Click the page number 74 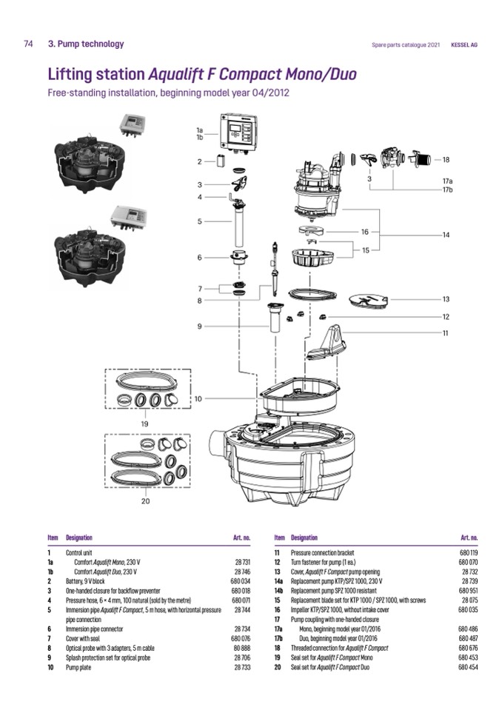click(28, 44)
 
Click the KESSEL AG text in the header click(464, 44)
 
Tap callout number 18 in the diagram click(446, 159)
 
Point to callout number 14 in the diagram click(446, 235)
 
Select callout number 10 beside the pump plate click(198, 399)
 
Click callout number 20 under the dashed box click(145, 500)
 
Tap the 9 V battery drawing click(220, 161)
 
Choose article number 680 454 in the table click(468, 646)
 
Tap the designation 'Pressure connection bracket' click(323, 553)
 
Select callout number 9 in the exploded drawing click(199, 326)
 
